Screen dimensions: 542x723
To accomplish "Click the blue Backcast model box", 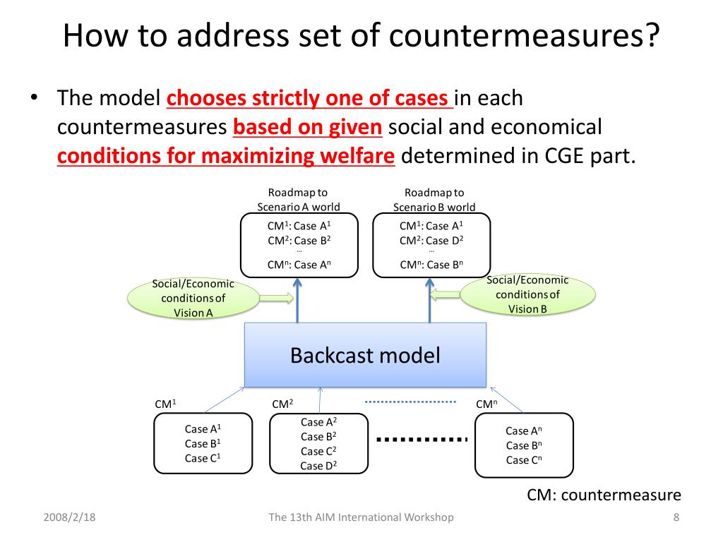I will pyautogui.click(x=365, y=355).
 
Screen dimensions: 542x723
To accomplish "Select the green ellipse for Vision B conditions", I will pyautogui.click(x=527, y=294).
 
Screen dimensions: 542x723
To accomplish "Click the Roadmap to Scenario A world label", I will pyautogui.click(x=298, y=200).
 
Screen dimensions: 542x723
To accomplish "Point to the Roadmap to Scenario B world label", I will pyautogui.click(x=434, y=200).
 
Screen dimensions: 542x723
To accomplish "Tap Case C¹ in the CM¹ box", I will pyautogui.click(x=203, y=458).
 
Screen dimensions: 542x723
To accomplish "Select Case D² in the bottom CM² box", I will pyautogui.click(x=318, y=465).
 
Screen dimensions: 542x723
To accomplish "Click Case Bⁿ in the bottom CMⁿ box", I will pyautogui.click(x=524, y=445).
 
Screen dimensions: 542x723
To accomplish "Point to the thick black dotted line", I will pyautogui.click(x=422, y=440).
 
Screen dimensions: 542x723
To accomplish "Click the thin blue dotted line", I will pyautogui.click(x=410, y=402).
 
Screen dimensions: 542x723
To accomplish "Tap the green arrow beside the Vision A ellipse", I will pyautogui.click(x=276, y=299).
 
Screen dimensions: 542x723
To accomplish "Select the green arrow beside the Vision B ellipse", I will pyautogui.click(x=445, y=294).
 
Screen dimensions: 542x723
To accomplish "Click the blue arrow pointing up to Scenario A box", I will pyautogui.click(x=297, y=301).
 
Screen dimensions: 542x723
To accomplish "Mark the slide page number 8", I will pyautogui.click(x=676, y=517).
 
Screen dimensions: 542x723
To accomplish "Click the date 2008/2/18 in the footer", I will pyautogui.click(x=69, y=517).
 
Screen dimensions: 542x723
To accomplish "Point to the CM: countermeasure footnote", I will pyautogui.click(x=604, y=495).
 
